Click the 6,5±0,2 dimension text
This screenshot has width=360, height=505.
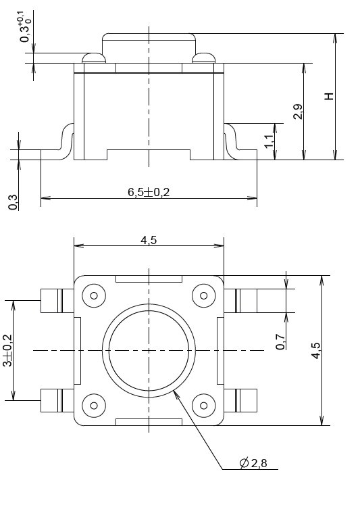149,192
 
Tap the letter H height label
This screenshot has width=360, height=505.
329,97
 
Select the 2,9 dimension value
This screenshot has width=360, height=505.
298,112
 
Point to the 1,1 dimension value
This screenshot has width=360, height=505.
268,141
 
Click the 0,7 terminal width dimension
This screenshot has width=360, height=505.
280,342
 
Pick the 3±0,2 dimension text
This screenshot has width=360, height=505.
8,350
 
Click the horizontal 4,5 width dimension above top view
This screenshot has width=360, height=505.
149,241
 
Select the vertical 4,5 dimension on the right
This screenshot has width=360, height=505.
317,350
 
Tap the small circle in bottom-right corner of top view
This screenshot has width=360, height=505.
203,406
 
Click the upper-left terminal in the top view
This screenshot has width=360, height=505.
56,300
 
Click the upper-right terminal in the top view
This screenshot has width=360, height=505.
241,300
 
